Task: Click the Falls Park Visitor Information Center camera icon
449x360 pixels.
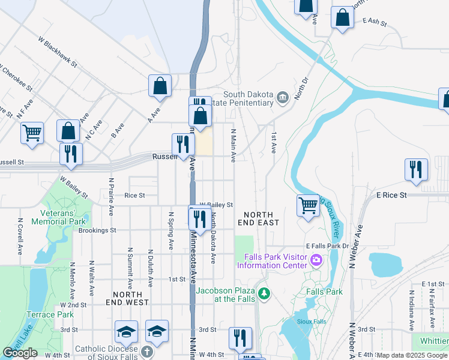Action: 316,261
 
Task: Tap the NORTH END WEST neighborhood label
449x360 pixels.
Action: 131,299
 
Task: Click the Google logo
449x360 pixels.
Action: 20,353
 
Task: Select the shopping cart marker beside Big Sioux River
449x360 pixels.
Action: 308,205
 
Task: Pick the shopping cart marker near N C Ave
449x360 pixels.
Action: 32,133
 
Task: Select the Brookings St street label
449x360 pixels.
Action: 96,230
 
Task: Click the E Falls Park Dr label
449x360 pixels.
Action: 327,246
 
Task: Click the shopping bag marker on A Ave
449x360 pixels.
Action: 160,85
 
